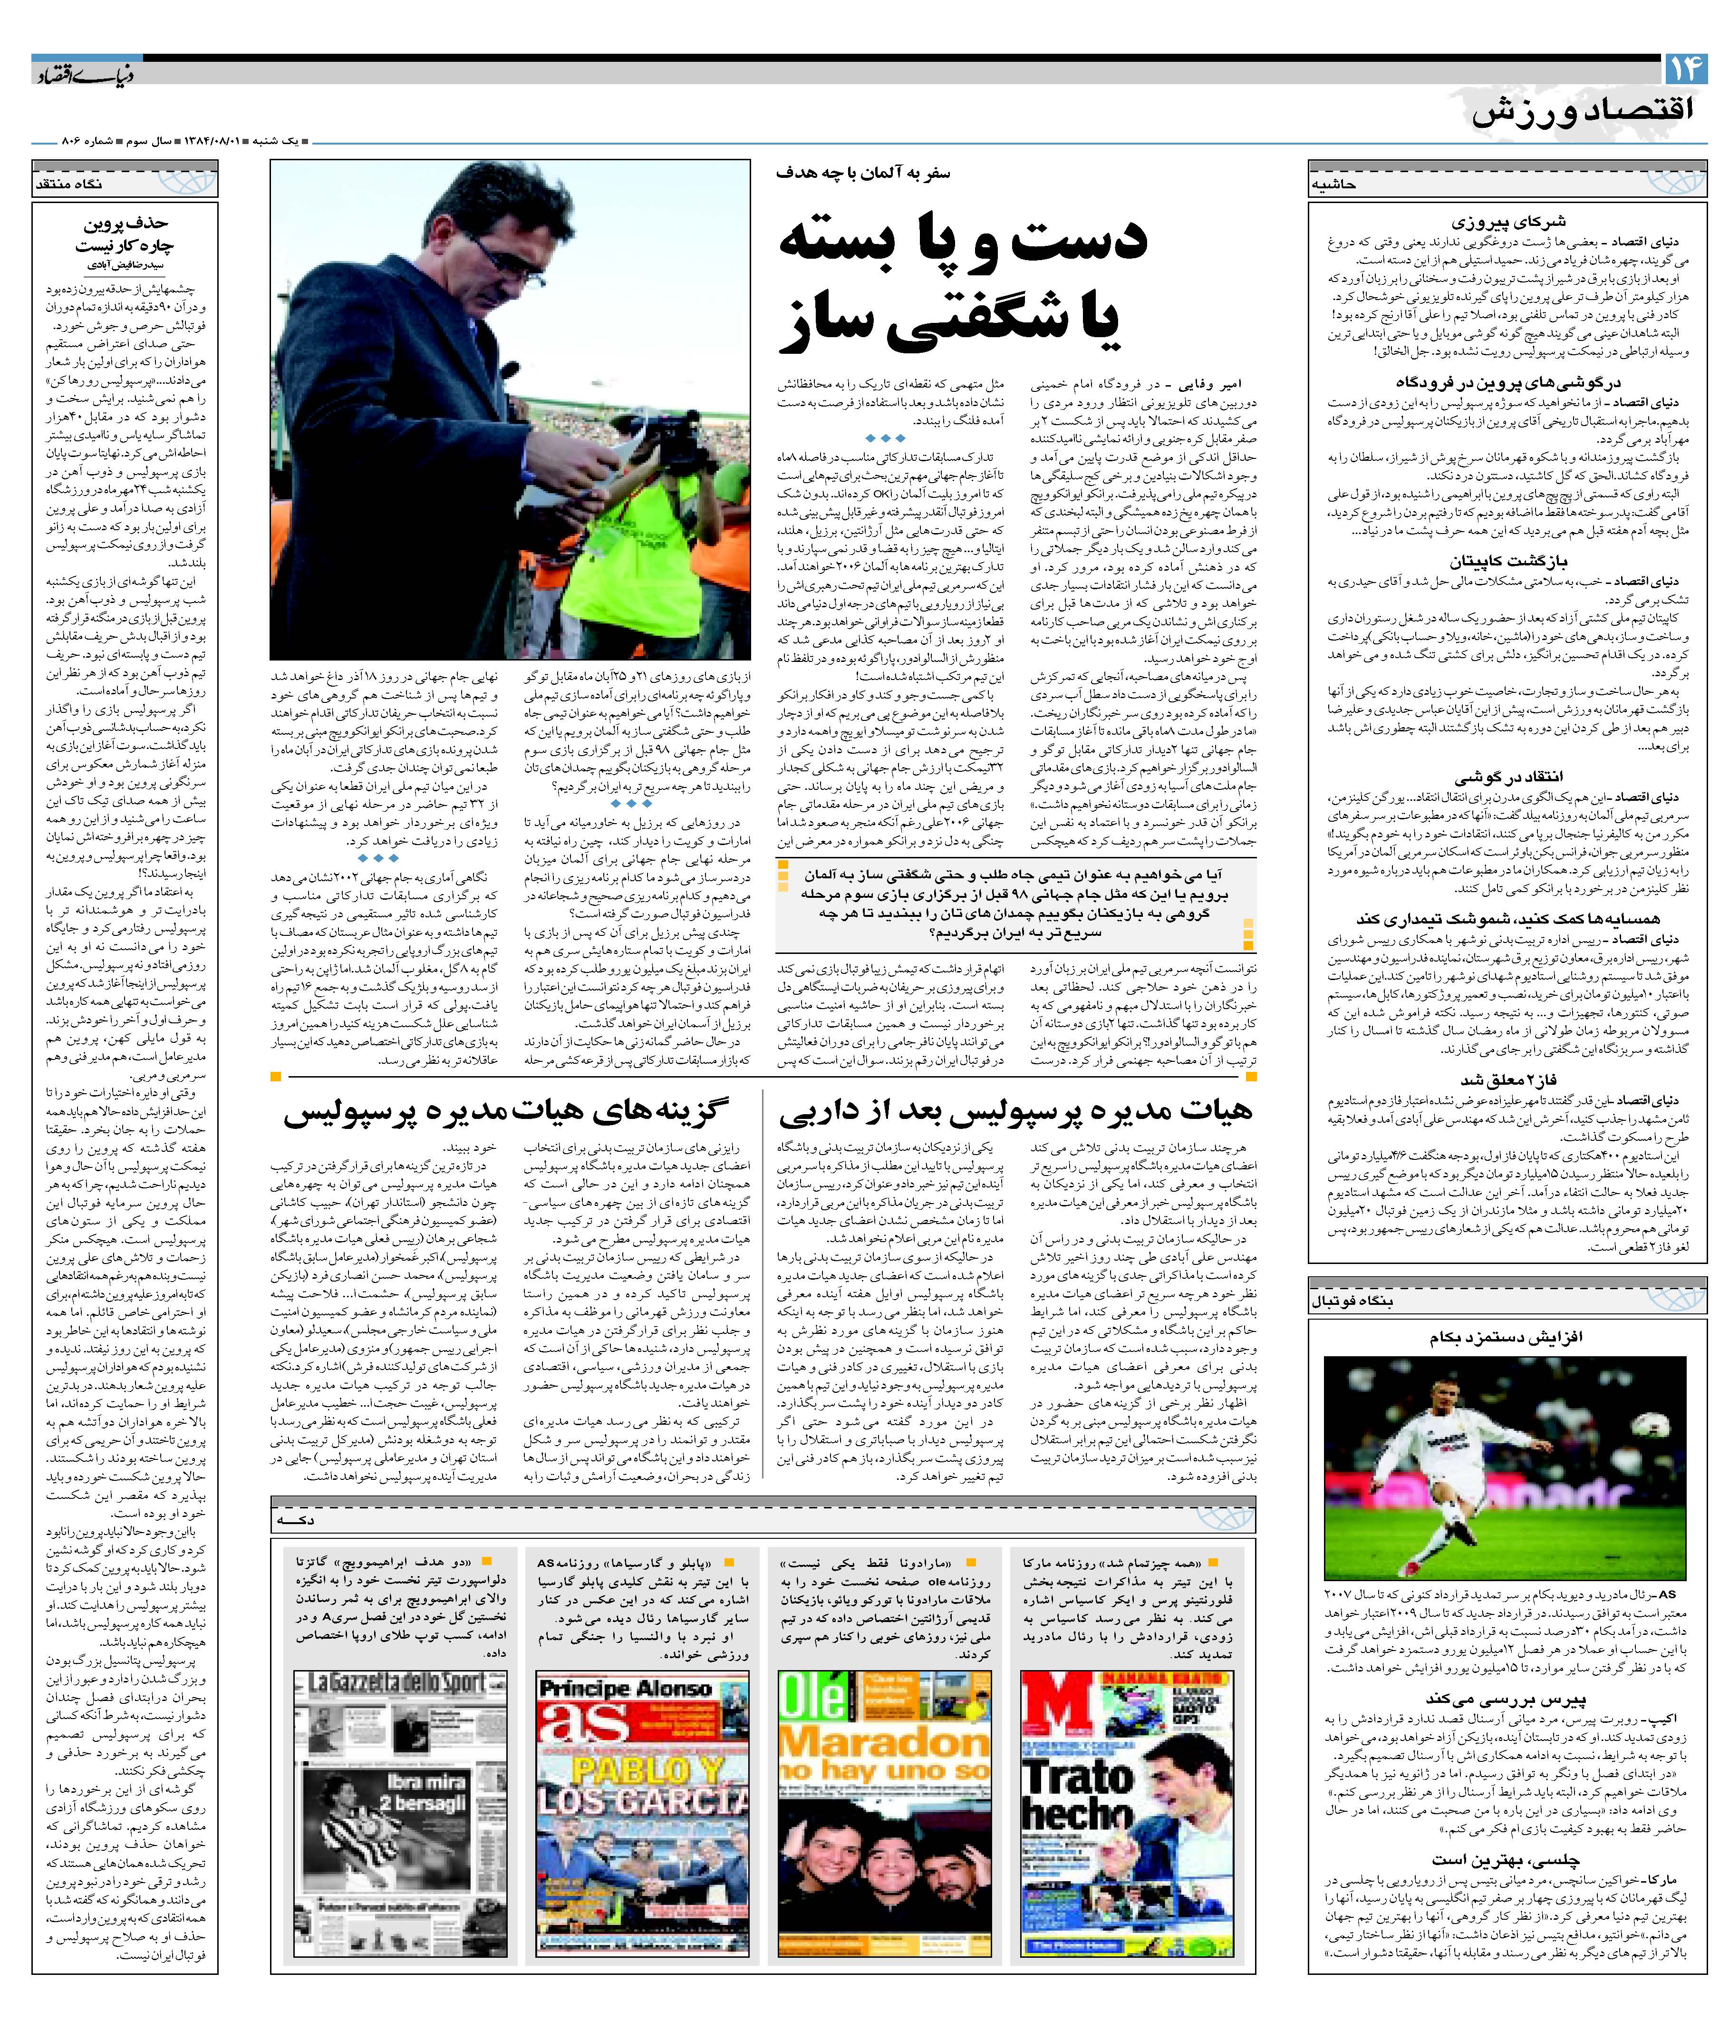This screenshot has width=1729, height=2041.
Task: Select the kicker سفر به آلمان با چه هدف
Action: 862,174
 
